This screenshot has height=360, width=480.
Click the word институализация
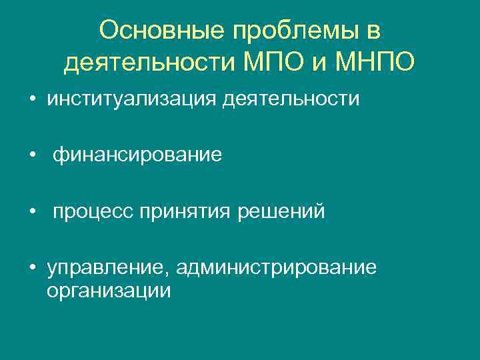pos(131,99)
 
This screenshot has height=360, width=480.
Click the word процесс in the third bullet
pos(93,212)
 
